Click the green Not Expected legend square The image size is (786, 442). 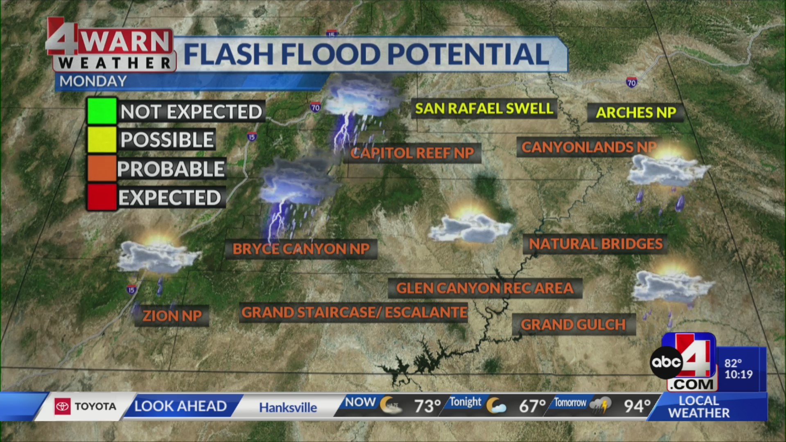tap(102, 111)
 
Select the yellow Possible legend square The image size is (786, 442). tap(102, 140)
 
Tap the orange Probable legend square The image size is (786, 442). tap(102, 168)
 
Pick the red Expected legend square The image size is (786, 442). tap(102, 197)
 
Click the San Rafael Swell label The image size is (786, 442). tap(484, 108)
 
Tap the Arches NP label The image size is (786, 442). tap(636, 113)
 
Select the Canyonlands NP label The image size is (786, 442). tap(588, 147)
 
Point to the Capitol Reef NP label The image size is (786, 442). tap(412, 153)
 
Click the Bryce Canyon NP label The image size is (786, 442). tap(301, 249)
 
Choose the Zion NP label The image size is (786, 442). tap(172, 316)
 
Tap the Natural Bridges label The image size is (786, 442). tap(596, 244)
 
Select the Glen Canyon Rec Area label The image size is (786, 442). tap(485, 288)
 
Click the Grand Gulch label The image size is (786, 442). tap(573, 325)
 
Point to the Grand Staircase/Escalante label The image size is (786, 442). tap(354, 312)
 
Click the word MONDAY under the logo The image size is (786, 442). tap(93, 81)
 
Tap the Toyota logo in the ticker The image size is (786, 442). tap(63, 406)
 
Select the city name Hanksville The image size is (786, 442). tap(288, 407)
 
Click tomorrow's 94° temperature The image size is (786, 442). tap(637, 406)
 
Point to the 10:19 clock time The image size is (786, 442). tap(739, 374)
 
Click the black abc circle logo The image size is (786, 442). tap(666, 362)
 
